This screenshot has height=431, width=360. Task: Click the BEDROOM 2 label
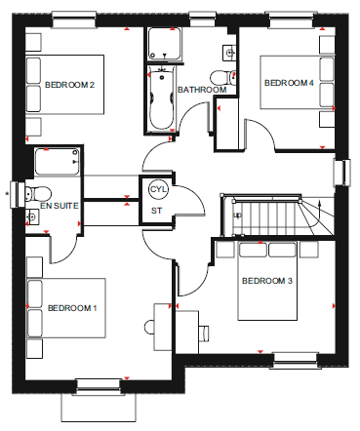click(x=69, y=85)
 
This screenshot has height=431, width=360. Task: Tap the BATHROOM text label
click(x=202, y=90)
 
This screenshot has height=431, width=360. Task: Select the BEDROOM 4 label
click(x=289, y=83)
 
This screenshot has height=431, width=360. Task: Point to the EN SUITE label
click(x=60, y=206)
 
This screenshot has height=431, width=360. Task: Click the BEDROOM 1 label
click(x=72, y=308)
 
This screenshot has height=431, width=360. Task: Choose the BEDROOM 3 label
click(x=267, y=281)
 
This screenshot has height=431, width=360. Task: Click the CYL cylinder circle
click(x=158, y=189)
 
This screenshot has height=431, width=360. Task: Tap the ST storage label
click(x=156, y=211)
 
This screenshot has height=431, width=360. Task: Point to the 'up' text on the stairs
click(x=238, y=215)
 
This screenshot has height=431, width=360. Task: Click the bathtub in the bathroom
click(x=162, y=98)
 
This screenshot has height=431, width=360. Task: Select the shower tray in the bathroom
click(x=165, y=44)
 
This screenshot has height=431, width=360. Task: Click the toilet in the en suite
click(x=38, y=194)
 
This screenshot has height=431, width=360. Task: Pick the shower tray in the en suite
click(x=58, y=162)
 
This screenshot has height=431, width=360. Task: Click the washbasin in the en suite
click(x=32, y=216)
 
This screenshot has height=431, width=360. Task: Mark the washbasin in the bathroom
click(x=229, y=53)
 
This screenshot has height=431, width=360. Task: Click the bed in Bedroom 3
click(x=267, y=281)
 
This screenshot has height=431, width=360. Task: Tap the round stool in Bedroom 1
click(x=149, y=327)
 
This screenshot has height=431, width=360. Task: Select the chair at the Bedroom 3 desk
click(x=204, y=333)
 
